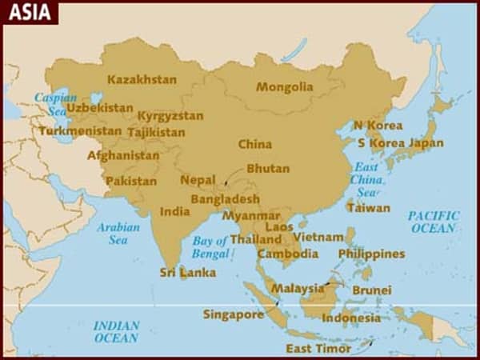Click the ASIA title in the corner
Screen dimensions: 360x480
pos(28,12)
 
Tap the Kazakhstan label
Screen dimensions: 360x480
pos(142,79)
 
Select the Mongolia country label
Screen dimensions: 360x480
pos(284,86)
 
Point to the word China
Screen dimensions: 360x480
pos(255,144)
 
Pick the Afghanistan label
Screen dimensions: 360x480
pos(123,155)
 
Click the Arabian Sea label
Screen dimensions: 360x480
pos(118,233)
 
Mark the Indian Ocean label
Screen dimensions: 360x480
pos(116,331)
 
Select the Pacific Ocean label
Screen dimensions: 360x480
pos(434,222)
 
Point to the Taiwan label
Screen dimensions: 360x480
pos(368,208)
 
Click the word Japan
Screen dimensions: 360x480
pos(426,143)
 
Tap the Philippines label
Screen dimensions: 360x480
pos(371,254)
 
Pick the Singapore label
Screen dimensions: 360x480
pos(234,314)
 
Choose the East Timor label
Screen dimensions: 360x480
pos(318,349)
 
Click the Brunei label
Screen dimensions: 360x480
pos(372,290)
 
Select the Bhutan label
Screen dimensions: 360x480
pos(268,169)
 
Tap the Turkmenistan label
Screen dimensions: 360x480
pos(80,130)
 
